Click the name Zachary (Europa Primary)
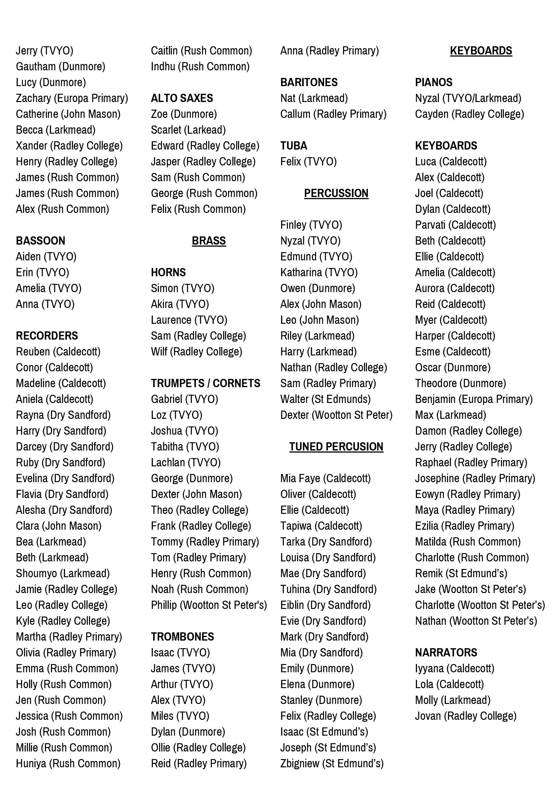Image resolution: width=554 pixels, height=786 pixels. pos(72,98)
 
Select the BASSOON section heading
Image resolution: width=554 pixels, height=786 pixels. pos(40,241)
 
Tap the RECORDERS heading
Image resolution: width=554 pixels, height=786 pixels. pos(47,336)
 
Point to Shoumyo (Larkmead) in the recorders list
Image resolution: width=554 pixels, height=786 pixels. pos(63,573)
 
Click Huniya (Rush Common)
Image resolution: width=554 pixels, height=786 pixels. pos(68,764)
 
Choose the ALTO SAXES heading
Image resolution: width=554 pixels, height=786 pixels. pos(182,98)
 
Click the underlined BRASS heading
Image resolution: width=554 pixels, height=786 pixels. pos(209,241)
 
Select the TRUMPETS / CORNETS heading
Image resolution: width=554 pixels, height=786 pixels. pos(205,383)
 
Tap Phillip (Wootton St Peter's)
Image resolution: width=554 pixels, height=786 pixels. pos(209,605)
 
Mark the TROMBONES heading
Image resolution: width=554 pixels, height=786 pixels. pos(182,637)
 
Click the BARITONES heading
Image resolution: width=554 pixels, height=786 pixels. pos(309,82)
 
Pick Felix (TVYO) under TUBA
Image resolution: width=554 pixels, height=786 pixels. pos(308,162)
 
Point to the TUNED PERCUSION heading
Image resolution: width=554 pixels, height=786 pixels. pos(336,447)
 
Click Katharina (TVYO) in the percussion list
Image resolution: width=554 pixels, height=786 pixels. pos(319,272)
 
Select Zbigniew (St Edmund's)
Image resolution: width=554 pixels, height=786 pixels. pos(332,764)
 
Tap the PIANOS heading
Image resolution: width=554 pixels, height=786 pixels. pos(433,82)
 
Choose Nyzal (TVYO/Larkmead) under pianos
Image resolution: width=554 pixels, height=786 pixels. pos(468,98)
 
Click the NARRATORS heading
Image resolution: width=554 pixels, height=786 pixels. pos(446,653)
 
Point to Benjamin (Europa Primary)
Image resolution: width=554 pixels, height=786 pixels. pos(474,399)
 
